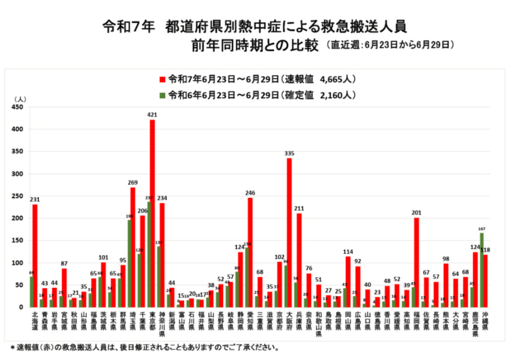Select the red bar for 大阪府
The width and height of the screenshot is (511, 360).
(289, 232)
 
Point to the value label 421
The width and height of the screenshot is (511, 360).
(152, 115)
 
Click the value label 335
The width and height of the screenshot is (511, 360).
(289, 153)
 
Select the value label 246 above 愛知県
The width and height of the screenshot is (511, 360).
(250, 193)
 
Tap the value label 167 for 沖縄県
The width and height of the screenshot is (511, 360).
(481, 228)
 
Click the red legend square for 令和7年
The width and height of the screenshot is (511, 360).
(163, 80)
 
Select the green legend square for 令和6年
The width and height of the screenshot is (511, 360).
(163, 95)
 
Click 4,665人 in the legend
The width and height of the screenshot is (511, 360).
(337, 80)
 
